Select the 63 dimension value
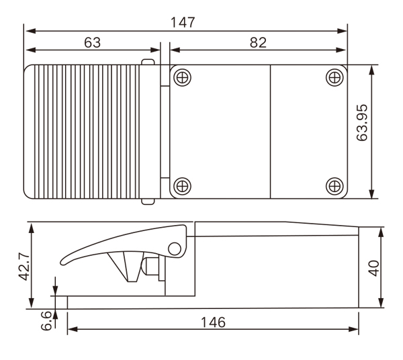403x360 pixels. click(93, 42)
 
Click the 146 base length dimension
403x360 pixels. click(213, 321)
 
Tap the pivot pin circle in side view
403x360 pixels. click(175, 249)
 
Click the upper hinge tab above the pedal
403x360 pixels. click(148, 62)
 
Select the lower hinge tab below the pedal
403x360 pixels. click(148, 201)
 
